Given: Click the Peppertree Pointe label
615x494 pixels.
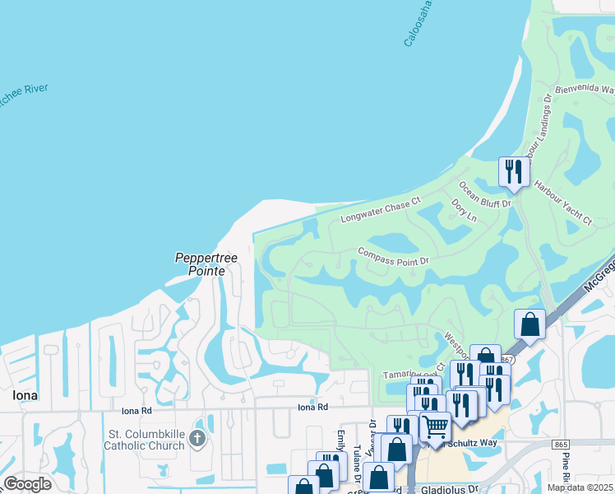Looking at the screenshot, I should tap(206, 263).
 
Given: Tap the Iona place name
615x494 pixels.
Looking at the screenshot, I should tap(25, 395).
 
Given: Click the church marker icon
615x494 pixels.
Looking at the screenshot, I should tap(197, 438).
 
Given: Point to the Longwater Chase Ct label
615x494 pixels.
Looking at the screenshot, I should tap(381, 210).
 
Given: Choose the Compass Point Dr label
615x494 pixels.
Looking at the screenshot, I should tap(394, 255).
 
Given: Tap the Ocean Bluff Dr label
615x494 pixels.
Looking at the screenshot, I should tap(485, 194).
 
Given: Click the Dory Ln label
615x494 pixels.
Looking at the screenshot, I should tap(464, 211).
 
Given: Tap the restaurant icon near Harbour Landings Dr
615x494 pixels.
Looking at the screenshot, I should tap(511, 171).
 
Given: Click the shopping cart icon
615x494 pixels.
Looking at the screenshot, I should tap(436, 426).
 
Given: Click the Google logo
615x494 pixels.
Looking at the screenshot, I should tap(27, 484).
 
